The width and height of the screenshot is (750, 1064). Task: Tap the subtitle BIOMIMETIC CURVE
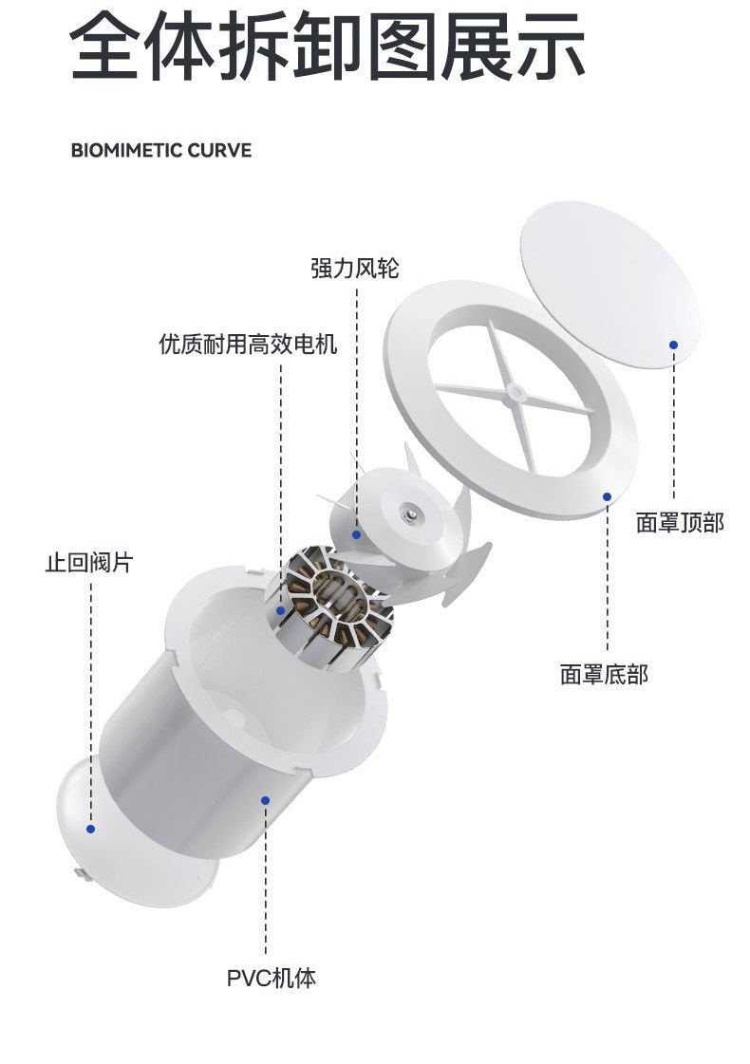[161, 151]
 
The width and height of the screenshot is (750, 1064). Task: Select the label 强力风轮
[355, 269]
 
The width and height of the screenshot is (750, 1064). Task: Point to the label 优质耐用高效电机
[248, 344]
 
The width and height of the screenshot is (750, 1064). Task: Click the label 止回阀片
[89, 562]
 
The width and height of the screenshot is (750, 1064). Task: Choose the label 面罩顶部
[680, 522]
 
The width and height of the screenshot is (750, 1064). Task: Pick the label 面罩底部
[604, 675]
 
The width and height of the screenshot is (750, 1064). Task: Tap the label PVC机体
[271, 978]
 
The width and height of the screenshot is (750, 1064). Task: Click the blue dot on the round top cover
[673, 345]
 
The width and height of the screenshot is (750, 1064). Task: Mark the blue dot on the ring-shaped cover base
[607, 495]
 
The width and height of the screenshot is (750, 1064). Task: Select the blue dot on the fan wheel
[357, 534]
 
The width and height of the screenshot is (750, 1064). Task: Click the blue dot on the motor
[281, 611]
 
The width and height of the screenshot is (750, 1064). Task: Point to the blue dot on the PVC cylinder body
[266, 801]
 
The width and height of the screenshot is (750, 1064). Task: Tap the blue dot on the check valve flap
[90, 829]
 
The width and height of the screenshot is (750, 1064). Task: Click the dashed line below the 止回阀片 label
[91, 693]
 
